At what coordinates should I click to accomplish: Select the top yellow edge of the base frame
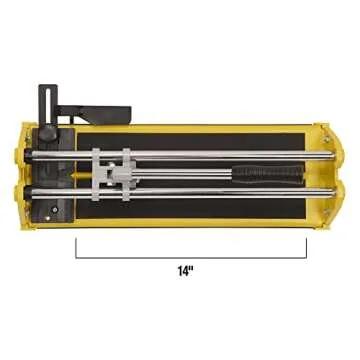(x=200, y=128)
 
